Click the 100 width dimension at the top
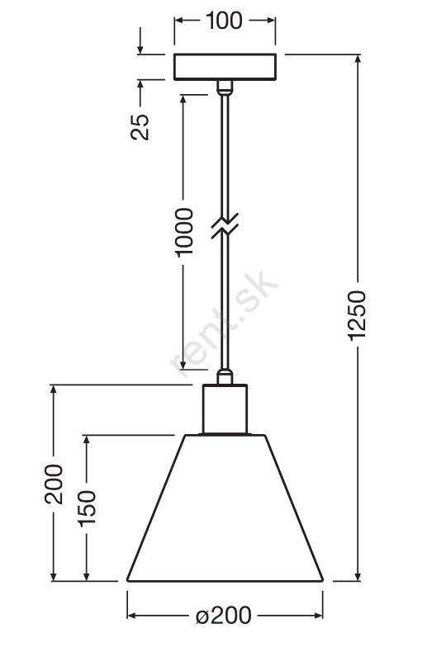(x=225, y=21)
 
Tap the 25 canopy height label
(x=140, y=127)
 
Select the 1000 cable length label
(x=183, y=233)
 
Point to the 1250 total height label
(x=357, y=315)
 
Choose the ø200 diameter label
(x=223, y=616)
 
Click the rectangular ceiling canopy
(x=225, y=66)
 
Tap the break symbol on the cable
(x=225, y=226)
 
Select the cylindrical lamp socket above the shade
(x=225, y=409)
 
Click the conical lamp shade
(x=225, y=508)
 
